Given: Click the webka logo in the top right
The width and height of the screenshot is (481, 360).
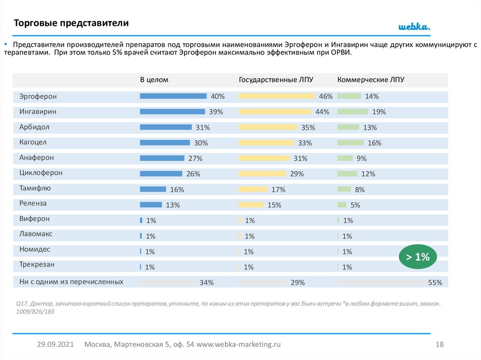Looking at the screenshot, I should [x=414, y=27].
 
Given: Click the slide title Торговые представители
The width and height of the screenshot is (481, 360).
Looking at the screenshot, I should [x=70, y=23].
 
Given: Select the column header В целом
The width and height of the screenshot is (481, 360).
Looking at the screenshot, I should [x=154, y=80].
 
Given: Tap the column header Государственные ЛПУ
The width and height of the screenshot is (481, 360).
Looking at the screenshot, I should [x=276, y=80].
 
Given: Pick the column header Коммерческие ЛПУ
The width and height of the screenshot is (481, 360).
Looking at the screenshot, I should [x=371, y=80].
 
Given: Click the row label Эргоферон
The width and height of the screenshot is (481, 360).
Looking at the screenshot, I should [x=38, y=96].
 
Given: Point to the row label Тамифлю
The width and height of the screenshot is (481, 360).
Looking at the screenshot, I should [x=35, y=188].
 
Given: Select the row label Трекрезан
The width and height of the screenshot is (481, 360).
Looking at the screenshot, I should [x=37, y=264].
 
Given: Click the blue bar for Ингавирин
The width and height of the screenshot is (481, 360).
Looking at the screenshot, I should [x=172, y=112].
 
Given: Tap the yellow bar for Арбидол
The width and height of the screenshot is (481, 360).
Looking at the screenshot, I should [x=268, y=127].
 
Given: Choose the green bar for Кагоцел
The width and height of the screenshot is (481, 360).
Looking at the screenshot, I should [x=350, y=143].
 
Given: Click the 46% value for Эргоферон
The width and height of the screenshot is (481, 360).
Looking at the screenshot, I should [x=326, y=96].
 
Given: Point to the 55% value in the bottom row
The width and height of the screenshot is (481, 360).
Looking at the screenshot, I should [x=435, y=283].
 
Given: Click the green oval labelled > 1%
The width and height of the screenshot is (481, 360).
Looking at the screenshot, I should [x=418, y=257].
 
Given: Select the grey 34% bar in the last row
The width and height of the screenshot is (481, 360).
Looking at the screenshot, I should [x=168, y=283].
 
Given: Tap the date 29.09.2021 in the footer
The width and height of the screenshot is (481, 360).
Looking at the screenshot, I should [x=55, y=344].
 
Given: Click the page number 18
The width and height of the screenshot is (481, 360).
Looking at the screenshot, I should [x=440, y=344].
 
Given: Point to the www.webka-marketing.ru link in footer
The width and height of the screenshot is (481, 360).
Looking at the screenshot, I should [x=238, y=344].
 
